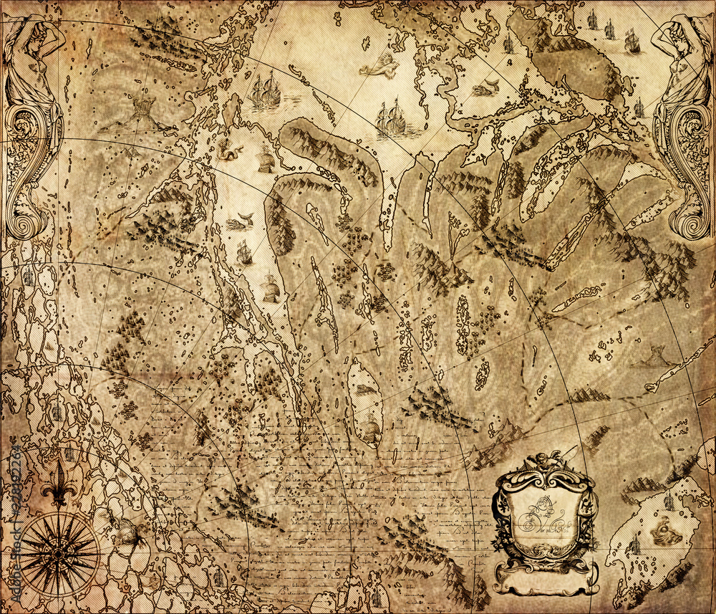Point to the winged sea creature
coord(379,67)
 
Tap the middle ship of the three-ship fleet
coord(610,29)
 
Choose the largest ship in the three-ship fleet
coord(632,41)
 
